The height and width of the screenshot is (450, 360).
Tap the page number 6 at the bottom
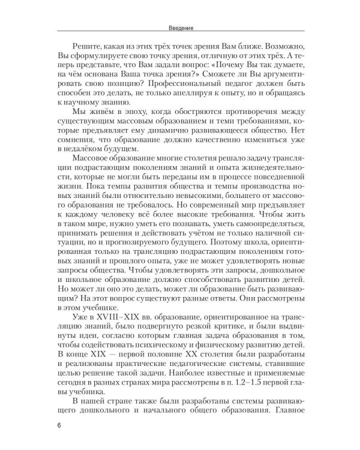coord(58,427)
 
